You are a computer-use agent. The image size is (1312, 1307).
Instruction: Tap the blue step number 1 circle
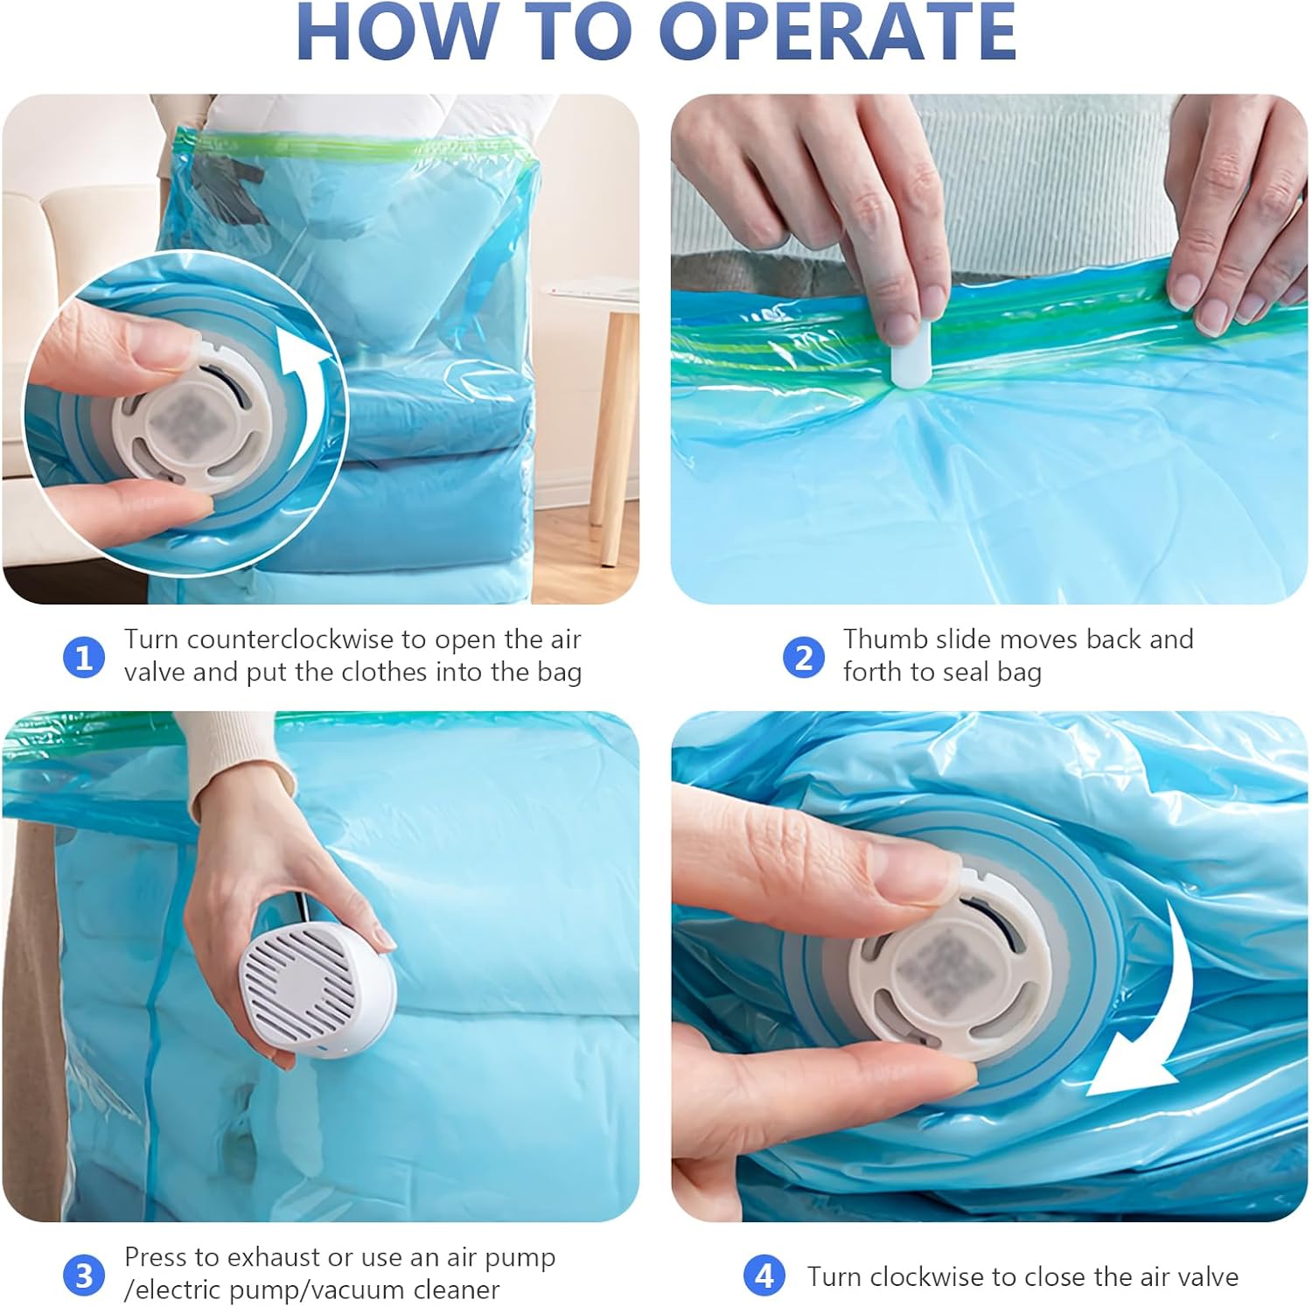tap(84, 657)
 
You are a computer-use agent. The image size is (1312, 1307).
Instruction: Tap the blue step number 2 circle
tap(803, 657)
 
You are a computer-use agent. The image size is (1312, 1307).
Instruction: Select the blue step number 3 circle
tap(84, 1275)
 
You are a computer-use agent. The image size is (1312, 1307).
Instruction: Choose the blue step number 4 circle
tap(764, 1276)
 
